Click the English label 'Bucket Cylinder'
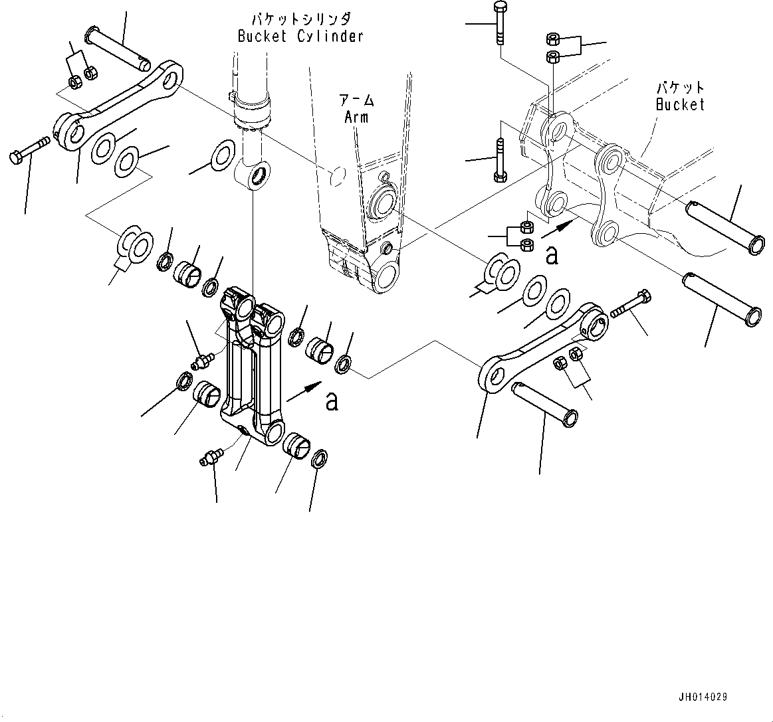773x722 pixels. point(300,37)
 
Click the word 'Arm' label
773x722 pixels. point(356,117)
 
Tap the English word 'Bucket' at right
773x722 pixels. point(679,104)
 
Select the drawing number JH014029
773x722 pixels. point(703,697)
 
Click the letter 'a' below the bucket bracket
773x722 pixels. point(552,254)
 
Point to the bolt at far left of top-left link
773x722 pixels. point(30,150)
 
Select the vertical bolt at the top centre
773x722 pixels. point(499,23)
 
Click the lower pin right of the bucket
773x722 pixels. point(719,298)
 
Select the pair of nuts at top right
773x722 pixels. point(553,47)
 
